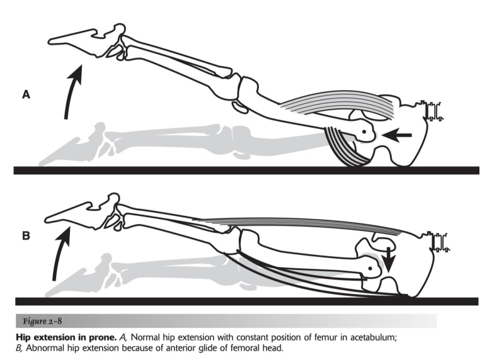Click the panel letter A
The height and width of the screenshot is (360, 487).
pos(26,95)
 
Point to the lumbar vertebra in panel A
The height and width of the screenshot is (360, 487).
pos(433,111)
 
